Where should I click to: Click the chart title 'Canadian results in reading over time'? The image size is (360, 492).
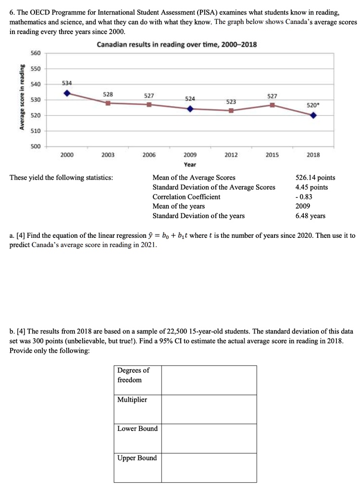tap(176, 45)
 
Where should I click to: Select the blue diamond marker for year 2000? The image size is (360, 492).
tap(67, 93)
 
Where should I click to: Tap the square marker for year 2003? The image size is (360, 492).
tap(108, 103)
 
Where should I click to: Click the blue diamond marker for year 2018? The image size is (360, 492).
tap(313, 115)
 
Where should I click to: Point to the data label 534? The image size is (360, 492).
tap(67, 83)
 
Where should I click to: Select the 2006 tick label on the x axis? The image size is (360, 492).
tap(149, 155)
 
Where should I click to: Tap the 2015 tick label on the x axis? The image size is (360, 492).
tap(272, 155)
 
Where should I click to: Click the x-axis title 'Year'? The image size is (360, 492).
tap(190, 164)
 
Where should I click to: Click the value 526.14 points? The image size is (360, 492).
tap(315, 178)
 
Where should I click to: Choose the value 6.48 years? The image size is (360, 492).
tap(310, 216)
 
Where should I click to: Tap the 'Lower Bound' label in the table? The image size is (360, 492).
tap(137, 429)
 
